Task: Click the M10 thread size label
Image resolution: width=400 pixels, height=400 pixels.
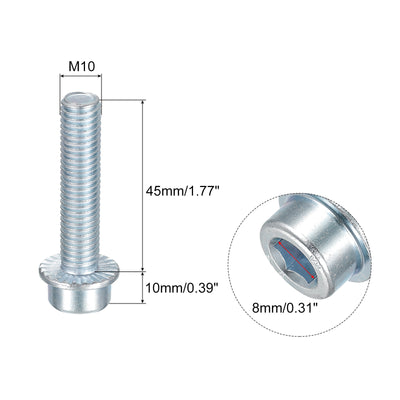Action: coord(82,66)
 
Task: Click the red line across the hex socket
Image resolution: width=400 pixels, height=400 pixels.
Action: coord(297,260)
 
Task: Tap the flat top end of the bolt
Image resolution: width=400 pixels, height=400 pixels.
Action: coord(81,99)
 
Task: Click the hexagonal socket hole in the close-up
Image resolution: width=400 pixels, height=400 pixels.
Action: coord(294,261)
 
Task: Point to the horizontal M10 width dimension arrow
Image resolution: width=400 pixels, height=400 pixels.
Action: coord(80,76)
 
